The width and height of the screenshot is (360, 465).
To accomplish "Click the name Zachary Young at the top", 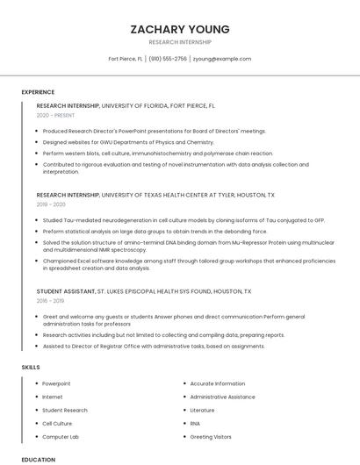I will (180, 28).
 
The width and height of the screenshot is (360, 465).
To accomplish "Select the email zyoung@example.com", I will (222, 59).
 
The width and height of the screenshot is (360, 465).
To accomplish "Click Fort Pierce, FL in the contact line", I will (126, 59).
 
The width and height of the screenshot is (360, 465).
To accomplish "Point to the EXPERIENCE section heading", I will (38, 92).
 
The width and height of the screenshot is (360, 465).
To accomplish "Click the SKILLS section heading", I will (31, 366).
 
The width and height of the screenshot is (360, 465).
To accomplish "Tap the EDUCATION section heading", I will (39, 459).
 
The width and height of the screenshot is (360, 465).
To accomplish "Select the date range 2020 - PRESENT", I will (54, 115).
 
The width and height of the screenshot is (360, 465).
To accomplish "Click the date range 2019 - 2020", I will (51, 204).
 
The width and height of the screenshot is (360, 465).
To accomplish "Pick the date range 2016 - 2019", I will (51, 300).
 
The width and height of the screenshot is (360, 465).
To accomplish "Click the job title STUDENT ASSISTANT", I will (65, 290).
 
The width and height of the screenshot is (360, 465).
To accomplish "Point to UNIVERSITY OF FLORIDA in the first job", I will (140, 105).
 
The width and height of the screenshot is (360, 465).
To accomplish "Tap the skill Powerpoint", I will (56, 383).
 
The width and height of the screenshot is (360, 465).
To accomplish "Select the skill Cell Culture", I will (57, 423).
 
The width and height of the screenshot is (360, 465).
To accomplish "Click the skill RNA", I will (195, 423).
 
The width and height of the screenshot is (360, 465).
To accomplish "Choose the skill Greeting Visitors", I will (211, 436).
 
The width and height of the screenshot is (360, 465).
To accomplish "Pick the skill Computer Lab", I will (61, 436).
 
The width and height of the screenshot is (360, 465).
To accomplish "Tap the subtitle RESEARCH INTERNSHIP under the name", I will (180, 42).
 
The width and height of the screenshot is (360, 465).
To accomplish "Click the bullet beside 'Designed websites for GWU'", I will (38, 141).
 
